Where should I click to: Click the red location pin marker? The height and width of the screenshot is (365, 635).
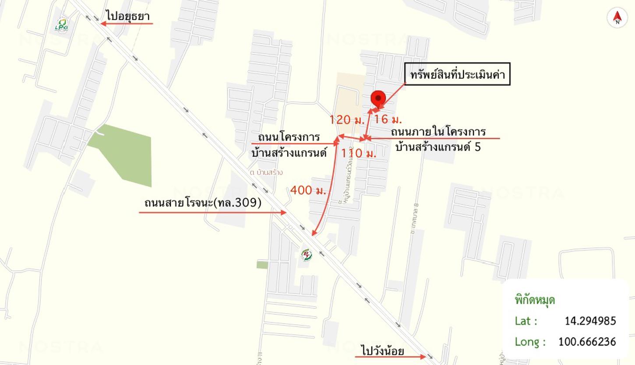pos(378,99)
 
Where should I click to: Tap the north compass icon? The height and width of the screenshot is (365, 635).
pos(617,18)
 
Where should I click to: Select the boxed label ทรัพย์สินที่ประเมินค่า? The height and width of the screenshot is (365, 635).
pos(457,74)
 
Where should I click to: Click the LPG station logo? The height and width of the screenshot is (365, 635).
pos(62,25)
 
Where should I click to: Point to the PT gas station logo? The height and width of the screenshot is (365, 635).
pos(307,255)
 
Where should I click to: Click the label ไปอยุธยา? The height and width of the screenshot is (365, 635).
pos(128,16)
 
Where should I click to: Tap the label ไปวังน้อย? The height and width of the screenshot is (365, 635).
pos(383,351)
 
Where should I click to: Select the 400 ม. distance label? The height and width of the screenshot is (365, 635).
pos(308,190)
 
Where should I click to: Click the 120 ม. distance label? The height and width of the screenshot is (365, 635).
pos(347,119)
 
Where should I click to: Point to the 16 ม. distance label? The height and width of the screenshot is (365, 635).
pos(388,119)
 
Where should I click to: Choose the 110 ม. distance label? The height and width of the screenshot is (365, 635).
pos(359,153)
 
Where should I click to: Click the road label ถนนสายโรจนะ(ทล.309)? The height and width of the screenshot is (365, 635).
pos(203,203)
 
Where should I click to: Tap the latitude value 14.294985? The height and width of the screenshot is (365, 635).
pos(590,321)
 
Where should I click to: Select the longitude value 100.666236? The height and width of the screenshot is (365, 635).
pos(587,341)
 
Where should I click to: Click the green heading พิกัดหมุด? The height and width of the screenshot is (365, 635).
pos(535,300)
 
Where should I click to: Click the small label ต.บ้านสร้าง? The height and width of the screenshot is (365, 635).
pos(266,172)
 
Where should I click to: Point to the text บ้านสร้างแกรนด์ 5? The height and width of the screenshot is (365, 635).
pos(437,147)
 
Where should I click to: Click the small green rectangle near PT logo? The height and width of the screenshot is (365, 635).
pos(262,265)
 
